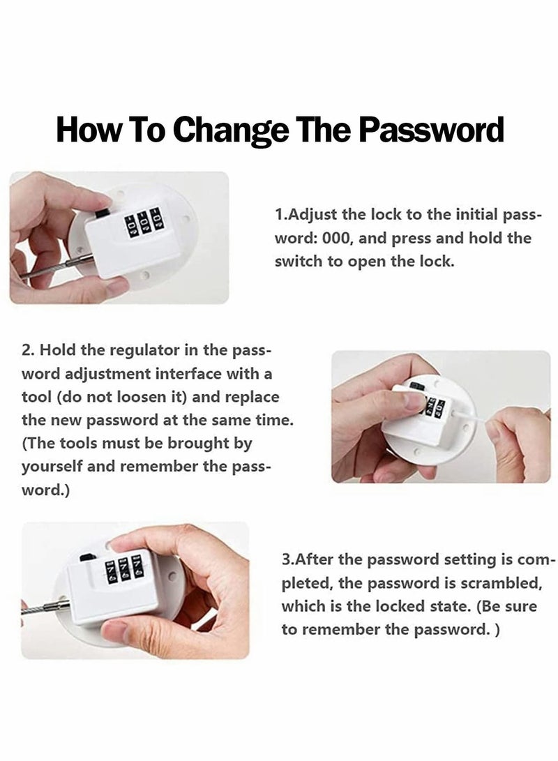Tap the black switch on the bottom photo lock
(x=87, y=559)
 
